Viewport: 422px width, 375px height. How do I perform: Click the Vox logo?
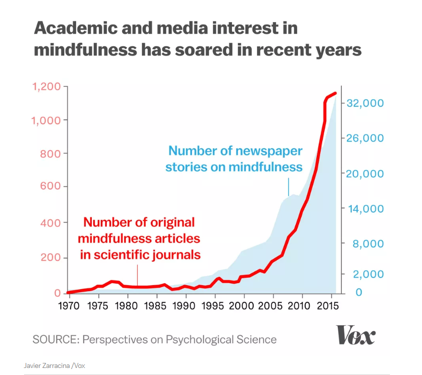[355, 335]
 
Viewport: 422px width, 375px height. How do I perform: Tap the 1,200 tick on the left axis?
[47, 87]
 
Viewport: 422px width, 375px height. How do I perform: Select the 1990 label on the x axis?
[185, 306]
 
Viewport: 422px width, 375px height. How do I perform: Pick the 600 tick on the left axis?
[50, 187]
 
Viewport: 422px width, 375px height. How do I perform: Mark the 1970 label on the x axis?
[69, 306]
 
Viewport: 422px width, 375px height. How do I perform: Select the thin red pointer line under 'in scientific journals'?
[137, 276]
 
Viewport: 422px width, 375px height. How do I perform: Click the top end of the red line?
[335, 93]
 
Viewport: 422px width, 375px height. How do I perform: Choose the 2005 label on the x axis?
[272, 306]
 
